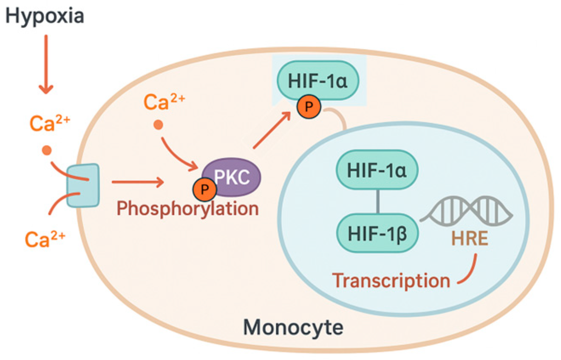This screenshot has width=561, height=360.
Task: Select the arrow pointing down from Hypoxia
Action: (46, 64)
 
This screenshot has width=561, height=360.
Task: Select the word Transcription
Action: (391, 281)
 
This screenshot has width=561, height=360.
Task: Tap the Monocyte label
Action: (293, 328)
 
